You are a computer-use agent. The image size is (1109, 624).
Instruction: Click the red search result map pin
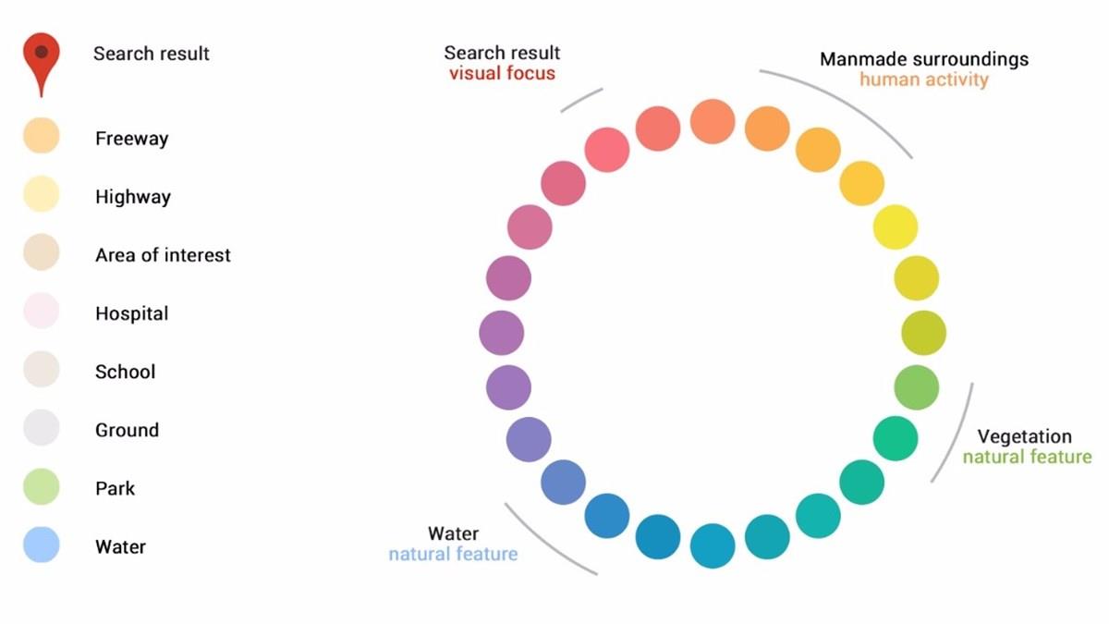pyautogui.click(x=41, y=57)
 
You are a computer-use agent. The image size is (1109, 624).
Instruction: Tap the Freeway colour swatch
pyautogui.click(x=42, y=135)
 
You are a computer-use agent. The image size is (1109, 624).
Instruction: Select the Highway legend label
pyautogui.click(x=132, y=197)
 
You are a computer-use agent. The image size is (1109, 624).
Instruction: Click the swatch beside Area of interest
pyautogui.click(x=42, y=252)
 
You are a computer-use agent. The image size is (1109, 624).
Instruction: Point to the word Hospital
pyautogui.click(x=131, y=313)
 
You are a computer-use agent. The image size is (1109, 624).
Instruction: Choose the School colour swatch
pyautogui.click(x=42, y=370)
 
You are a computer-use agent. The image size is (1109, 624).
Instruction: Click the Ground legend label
pyautogui.click(x=127, y=430)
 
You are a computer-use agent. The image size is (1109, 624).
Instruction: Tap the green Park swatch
pyautogui.click(x=42, y=487)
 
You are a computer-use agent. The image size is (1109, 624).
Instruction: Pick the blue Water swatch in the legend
pyautogui.click(x=42, y=544)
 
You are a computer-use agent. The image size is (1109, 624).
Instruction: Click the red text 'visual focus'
pyautogui.click(x=502, y=73)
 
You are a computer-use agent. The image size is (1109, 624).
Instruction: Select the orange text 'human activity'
pyautogui.click(x=923, y=80)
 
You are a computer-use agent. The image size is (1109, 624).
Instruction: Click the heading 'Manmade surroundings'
pyautogui.click(x=923, y=59)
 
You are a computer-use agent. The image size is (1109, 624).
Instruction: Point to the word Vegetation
pyautogui.click(x=1024, y=436)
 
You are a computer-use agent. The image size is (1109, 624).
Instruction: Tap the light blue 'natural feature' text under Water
pyautogui.click(x=453, y=555)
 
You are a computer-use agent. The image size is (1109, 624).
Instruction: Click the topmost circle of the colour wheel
pyautogui.click(x=713, y=121)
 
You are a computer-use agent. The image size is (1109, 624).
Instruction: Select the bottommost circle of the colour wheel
pyautogui.click(x=713, y=545)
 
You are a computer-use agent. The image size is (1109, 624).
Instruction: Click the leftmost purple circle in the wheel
pyautogui.click(x=502, y=333)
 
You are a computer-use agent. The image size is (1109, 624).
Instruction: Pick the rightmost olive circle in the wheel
pyautogui.click(x=923, y=333)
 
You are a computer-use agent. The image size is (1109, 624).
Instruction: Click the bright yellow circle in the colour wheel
pyautogui.click(x=896, y=227)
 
